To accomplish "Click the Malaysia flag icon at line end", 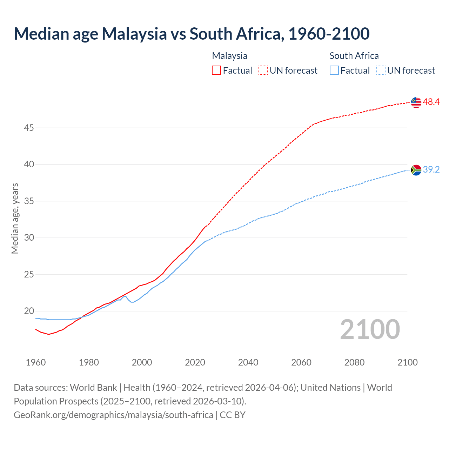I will click(x=416, y=102).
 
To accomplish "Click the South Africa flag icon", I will click(x=416, y=170).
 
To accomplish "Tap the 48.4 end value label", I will click(x=431, y=102).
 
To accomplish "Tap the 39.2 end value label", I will click(x=431, y=170).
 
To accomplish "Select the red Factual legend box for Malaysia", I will click(x=216, y=71).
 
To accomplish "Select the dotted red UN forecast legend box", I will click(x=263, y=71).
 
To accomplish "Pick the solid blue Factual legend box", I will click(x=334, y=71).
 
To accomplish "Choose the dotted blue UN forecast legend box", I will click(x=381, y=71).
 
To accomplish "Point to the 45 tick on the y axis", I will click(x=29, y=128).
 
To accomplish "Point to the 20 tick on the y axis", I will click(x=29, y=311).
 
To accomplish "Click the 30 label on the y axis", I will click(x=29, y=238).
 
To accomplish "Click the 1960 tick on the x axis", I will click(x=36, y=362).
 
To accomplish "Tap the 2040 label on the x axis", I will click(x=248, y=362).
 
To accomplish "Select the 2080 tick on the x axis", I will click(x=354, y=362).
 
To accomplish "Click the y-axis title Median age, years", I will click(x=15, y=218).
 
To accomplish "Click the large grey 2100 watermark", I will click(x=370, y=329).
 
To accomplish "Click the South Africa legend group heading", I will click(x=354, y=56).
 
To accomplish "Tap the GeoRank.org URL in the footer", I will click(x=113, y=415).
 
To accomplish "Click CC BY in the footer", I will click(x=233, y=415).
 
